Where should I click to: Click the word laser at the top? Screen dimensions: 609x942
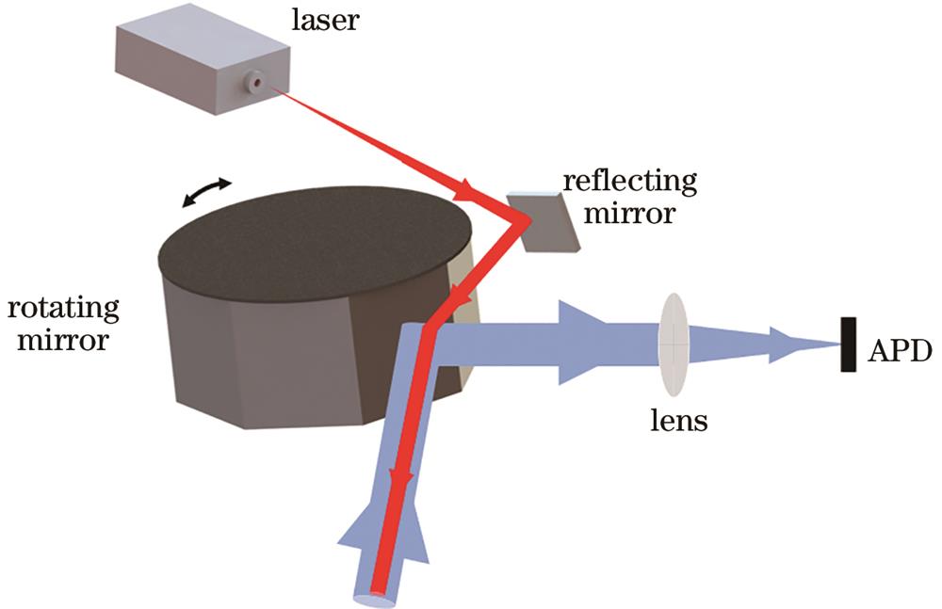click(331, 19)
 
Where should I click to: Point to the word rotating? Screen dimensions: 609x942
click(63, 308)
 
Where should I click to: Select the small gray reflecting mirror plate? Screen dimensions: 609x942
click(544, 222)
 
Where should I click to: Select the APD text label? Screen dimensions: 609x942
click(900, 352)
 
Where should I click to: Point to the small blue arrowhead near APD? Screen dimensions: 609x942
click(784, 345)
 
